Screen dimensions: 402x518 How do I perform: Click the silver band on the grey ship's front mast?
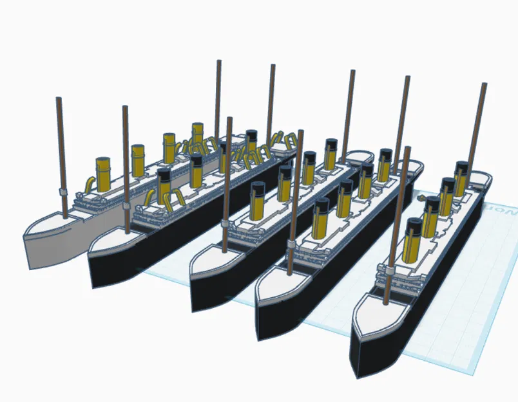click(62, 192)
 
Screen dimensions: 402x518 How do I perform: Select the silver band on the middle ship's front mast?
click(225, 223)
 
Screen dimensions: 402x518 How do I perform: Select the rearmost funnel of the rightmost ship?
click(461, 178)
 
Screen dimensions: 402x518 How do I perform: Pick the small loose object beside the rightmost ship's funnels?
click(422, 198)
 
